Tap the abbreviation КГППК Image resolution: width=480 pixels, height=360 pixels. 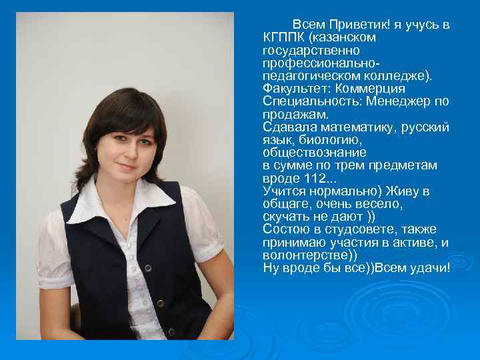[283, 37]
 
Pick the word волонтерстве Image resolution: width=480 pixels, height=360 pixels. [307, 255]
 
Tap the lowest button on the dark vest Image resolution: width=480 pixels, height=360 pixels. [171, 331]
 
